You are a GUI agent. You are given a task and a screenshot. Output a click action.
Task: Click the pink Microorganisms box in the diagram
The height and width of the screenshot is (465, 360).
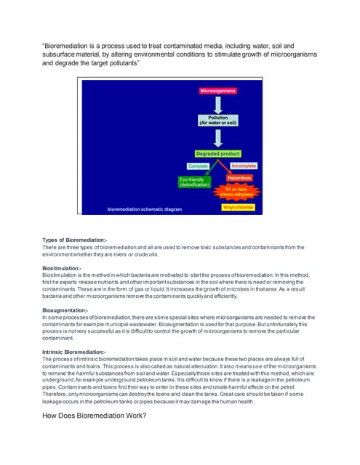click(217, 90)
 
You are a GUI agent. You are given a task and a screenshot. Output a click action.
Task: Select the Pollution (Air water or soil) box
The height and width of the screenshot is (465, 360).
click(217, 120)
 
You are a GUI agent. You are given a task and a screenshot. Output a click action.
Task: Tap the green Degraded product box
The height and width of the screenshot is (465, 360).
click(217, 154)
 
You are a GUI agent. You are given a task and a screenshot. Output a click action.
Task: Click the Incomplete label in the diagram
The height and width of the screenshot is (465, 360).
click(243, 166)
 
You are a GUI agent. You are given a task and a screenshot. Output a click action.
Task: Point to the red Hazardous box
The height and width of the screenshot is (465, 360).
click(239, 177)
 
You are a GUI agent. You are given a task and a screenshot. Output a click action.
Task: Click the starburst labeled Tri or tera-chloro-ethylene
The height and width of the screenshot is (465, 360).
click(239, 193)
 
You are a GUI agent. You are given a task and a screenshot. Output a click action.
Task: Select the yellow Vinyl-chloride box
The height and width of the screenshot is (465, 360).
click(238, 207)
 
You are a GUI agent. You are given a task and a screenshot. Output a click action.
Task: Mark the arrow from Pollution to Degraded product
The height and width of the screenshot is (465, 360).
click(217, 138)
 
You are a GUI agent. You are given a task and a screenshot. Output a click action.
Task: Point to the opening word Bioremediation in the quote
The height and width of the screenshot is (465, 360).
click(69, 45)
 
